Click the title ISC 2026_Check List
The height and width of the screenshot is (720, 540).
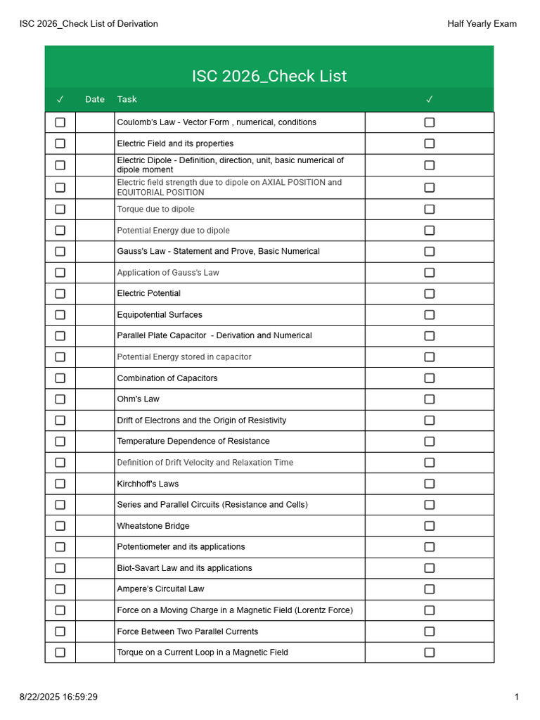269,76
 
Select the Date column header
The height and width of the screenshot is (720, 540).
95,99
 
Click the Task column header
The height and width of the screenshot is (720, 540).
127,99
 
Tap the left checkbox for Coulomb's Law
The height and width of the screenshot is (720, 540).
60,122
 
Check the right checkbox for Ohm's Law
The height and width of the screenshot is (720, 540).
429,399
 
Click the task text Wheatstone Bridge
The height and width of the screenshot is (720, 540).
153,526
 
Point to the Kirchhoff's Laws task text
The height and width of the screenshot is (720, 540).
148,484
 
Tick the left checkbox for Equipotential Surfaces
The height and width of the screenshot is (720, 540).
60,315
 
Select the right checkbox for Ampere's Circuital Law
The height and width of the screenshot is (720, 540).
429,589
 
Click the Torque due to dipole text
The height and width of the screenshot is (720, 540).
155,210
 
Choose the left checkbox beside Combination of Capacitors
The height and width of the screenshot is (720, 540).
60,378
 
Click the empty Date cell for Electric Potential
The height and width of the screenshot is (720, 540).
95,294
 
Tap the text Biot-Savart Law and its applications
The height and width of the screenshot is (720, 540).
184,568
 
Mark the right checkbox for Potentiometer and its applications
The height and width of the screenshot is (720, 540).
429,547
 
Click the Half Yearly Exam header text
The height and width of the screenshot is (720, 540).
482,24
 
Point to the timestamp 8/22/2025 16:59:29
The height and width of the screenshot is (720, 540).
58,697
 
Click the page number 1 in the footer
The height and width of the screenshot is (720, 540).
516,697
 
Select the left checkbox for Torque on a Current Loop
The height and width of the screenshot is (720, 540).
60,652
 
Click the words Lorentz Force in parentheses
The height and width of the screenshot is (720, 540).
323,610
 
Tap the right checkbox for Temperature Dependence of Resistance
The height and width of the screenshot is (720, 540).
429,442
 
